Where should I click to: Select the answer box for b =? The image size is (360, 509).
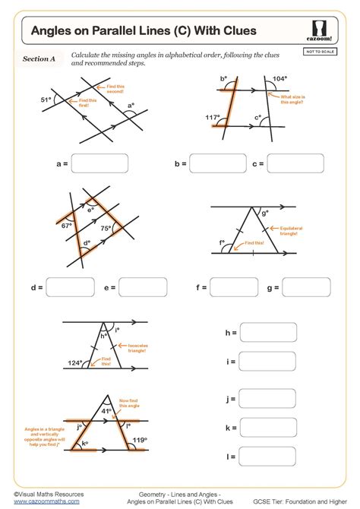(x=214, y=163)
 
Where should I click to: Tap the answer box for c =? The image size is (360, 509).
(x=290, y=163)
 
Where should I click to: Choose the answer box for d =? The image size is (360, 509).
(x=70, y=288)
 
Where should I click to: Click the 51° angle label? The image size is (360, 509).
(x=46, y=100)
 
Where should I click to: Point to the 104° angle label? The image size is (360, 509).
(x=280, y=79)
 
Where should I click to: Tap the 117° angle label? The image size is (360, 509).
(x=212, y=118)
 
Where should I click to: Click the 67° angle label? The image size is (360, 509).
(x=67, y=226)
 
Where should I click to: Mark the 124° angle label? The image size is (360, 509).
(x=74, y=363)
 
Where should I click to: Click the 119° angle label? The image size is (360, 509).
(x=138, y=439)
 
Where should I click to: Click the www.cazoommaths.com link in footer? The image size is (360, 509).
(x=43, y=501)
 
